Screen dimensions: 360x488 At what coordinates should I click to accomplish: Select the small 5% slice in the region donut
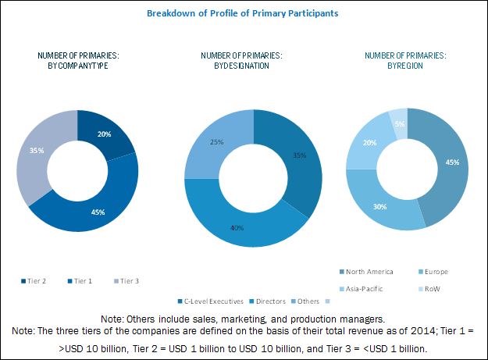point(398,123)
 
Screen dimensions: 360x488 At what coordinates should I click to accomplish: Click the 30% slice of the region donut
point(378,208)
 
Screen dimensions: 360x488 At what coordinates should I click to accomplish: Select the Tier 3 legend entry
point(128,280)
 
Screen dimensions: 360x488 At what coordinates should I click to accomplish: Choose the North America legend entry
point(369,272)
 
